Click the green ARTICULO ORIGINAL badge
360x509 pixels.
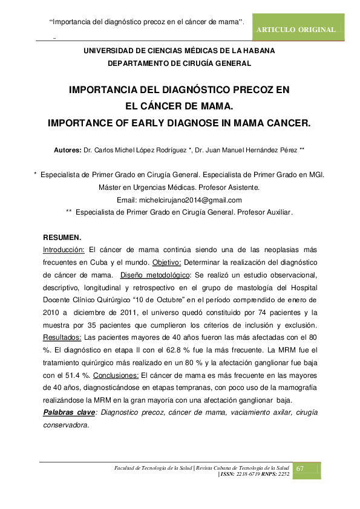[x=297, y=30]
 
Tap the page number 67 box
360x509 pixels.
[x=306, y=470]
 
